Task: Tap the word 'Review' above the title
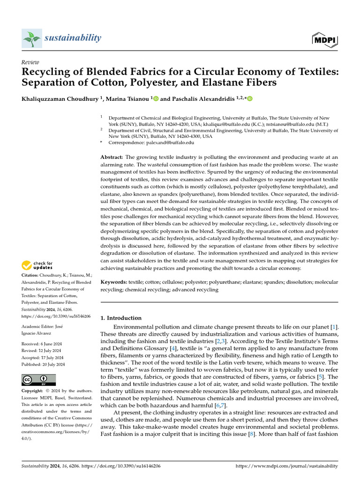pyautogui.click(x=30, y=62)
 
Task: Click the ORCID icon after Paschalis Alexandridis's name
pyautogui.click(x=250, y=98)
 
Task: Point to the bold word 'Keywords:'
pyautogui.click(x=114, y=282)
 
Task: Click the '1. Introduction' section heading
pyautogui.click(x=121, y=318)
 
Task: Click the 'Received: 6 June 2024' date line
pyautogui.click(x=43, y=344)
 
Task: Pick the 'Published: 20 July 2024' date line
pyautogui.click(x=43, y=364)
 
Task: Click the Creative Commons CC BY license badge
pyautogui.click(x=39, y=380)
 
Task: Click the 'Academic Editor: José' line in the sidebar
pyautogui.click(x=43, y=326)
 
